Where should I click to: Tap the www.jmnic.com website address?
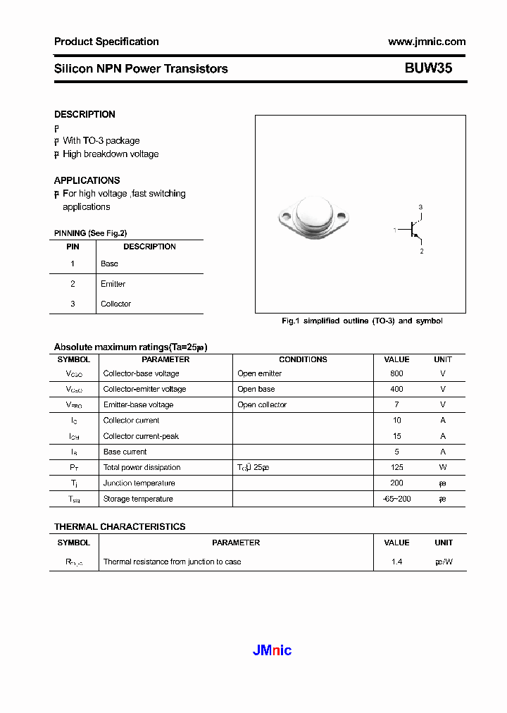point(426,42)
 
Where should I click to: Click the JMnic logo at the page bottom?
point(272,650)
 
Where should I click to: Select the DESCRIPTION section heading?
point(84,114)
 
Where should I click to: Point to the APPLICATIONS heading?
point(87,180)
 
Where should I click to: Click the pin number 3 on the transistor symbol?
point(420,207)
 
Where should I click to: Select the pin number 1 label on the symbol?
point(395,230)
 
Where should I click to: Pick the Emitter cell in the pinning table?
point(113,284)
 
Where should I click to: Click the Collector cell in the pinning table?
point(115,304)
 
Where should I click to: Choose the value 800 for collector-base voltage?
point(396,373)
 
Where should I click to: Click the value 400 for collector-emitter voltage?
point(396,389)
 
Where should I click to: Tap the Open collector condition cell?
point(262,404)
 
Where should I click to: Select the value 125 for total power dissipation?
point(396,467)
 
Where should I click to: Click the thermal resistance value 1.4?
point(396,562)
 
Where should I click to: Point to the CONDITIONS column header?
point(303,359)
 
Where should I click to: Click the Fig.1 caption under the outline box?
point(362,321)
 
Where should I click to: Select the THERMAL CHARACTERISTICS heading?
point(120,526)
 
